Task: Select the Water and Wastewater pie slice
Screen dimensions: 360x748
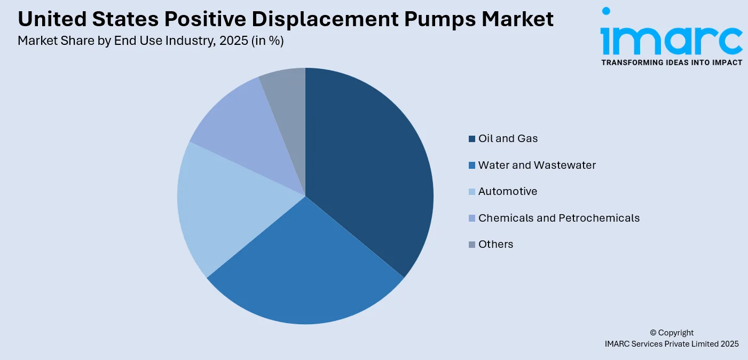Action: pos(304,267)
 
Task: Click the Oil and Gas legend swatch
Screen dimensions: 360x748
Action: pos(472,139)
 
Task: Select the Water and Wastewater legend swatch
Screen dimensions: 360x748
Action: pos(472,166)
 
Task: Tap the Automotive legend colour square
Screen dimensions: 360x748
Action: pos(472,192)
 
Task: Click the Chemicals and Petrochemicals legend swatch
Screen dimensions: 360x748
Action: pos(472,218)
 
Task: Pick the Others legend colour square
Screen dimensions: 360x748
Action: pos(472,245)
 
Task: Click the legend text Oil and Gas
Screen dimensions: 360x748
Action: pos(508,138)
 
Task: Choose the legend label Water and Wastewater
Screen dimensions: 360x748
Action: pos(537,165)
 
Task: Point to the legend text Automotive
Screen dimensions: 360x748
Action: pos(508,191)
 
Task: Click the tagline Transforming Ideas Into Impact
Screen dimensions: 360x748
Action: pos(672,62)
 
